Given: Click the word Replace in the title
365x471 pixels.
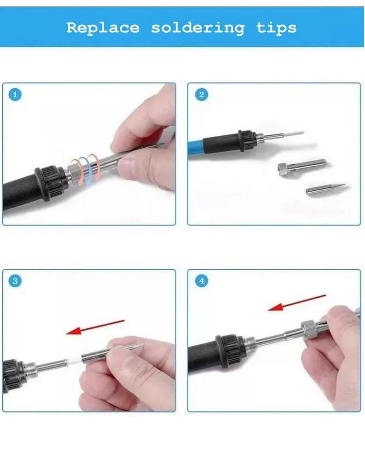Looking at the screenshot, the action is point(103,28).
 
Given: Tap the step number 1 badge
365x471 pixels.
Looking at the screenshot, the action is point(15,95).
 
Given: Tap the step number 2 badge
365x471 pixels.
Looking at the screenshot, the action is point(202,95).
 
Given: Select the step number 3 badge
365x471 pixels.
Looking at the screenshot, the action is point(15,281).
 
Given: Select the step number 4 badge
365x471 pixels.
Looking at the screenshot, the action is point(202,281).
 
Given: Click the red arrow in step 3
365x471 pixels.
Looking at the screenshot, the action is point(95,327).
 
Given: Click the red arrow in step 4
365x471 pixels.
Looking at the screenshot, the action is point(297,303).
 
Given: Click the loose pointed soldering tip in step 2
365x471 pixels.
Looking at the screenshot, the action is point(325,189).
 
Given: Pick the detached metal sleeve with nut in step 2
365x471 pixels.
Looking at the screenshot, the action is point(302,167).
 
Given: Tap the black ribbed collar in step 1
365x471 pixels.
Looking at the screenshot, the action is point(49,182).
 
